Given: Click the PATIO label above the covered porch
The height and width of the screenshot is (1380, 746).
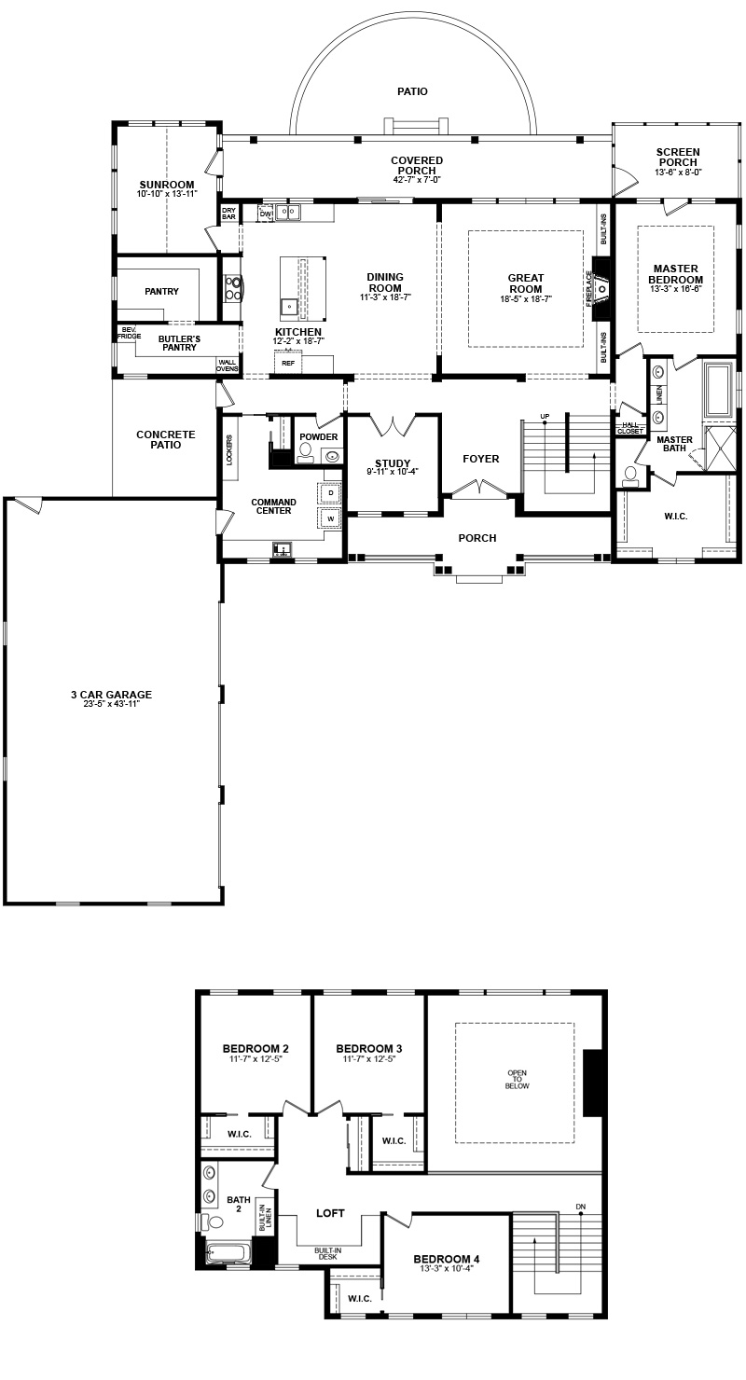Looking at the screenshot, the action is (x=412, y=91).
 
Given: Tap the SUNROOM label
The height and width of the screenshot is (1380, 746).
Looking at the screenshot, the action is (x=166, y=185).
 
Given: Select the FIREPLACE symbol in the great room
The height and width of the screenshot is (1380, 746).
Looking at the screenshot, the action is (x=601, y=288).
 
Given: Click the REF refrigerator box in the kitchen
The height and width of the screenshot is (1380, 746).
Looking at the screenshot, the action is (x=288, y=363).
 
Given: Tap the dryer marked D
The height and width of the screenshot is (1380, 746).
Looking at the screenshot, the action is (x=331, y=493).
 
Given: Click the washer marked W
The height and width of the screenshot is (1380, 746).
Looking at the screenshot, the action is (x=331, y=518).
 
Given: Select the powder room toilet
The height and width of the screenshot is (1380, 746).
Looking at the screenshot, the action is (x=305, y=453).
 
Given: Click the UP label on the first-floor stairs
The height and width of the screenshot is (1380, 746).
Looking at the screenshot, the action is (x=545, y=417).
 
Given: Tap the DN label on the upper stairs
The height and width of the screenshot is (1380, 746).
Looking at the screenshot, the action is (x=580, y=1207).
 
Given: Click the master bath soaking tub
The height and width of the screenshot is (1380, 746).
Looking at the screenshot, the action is (x=718, y=390).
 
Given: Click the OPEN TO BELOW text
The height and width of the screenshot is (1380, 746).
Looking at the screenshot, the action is (x=517, y=1080).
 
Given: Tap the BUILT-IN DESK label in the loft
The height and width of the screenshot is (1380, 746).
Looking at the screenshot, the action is (x=327, y=1254).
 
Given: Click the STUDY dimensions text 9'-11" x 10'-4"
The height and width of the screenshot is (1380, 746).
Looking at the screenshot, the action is (x=393, y=472).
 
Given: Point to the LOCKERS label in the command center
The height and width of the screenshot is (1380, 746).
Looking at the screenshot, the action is (x=229, y=450).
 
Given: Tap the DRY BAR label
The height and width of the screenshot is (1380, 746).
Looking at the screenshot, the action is (x=228, y=214).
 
